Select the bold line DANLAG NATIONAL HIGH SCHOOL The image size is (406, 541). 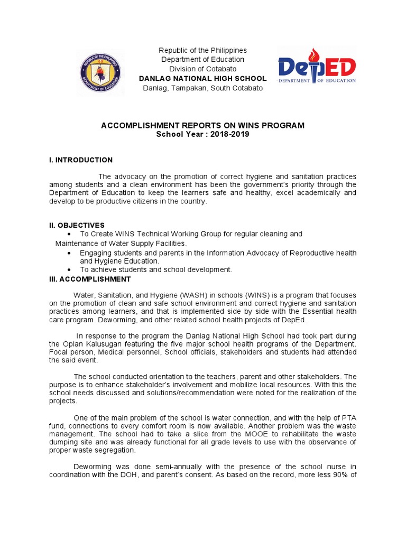click(x=202, y=79)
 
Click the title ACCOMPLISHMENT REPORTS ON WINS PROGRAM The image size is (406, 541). click(x=202, y=126)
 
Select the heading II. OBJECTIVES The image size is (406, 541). click(x=77, y=225)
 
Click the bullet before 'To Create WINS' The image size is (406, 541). click(x=70, y=234)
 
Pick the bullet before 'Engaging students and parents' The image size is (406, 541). click(x=70, y=254)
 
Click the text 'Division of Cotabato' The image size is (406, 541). click(x=202, y=69)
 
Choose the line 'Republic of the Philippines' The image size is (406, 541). click(x=202, y=50)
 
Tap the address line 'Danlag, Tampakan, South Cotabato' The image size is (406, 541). click(x=202, y=88)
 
